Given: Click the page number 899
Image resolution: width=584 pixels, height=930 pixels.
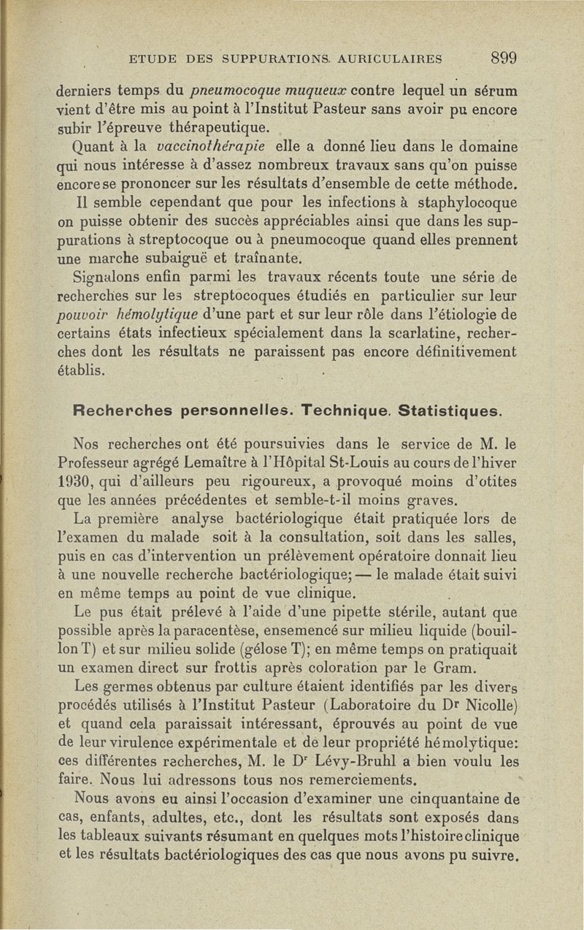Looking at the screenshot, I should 504,58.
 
